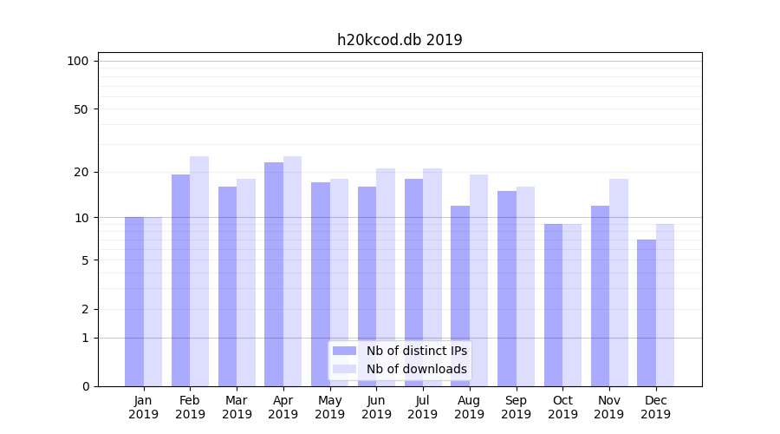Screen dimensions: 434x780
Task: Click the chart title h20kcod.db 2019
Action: point(400,40)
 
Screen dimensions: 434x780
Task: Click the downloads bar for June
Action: point(386,277)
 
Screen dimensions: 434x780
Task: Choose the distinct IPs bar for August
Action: point(460,295)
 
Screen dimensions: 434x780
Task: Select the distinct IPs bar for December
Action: point(647,312)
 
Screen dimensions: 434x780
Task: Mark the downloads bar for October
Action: point(572,305)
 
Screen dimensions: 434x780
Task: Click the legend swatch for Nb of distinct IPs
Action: point(345,351)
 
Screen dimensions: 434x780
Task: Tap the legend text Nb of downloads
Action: point(416,369)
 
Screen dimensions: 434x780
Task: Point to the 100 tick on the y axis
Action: point(78,61)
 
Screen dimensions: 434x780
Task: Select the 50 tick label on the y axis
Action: point(81,109)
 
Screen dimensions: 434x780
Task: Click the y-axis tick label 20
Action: point(81,172)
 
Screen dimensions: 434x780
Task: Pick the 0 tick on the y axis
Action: point(85,386)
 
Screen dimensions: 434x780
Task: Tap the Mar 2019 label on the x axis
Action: point(237,407)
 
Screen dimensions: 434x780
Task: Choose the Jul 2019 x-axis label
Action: point(423,407)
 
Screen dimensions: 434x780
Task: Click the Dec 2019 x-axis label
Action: point(655,407)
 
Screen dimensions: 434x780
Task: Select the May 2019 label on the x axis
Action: point(330,407)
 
